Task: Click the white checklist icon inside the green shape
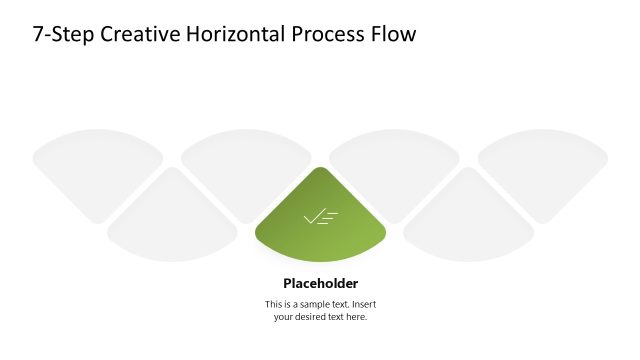click(x=320, y=216)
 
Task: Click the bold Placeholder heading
click(x=320, y=283)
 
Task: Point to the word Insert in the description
click(x=363, y=304)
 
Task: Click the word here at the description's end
click(x=355, y=317)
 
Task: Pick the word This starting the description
click(x=274, y=304)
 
